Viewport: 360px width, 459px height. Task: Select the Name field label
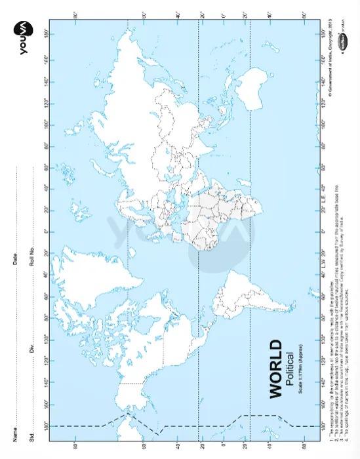click(x=14, y=433)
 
